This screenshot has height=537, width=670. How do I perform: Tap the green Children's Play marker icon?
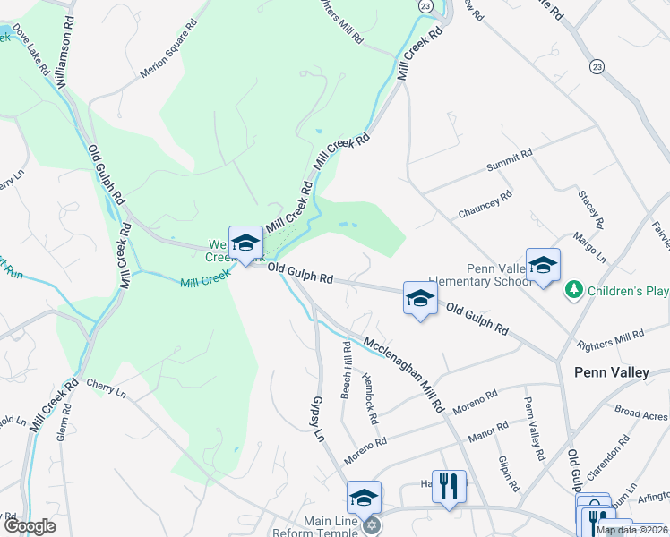coord(573,291)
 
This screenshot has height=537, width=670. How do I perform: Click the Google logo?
coord(30,526)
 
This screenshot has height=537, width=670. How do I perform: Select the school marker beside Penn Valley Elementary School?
coord(543,265)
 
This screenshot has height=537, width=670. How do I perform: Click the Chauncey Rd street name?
coord(485,205)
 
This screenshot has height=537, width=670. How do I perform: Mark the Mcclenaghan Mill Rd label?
coord(403,373)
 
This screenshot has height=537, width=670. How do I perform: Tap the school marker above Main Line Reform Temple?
coord(364,497)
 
